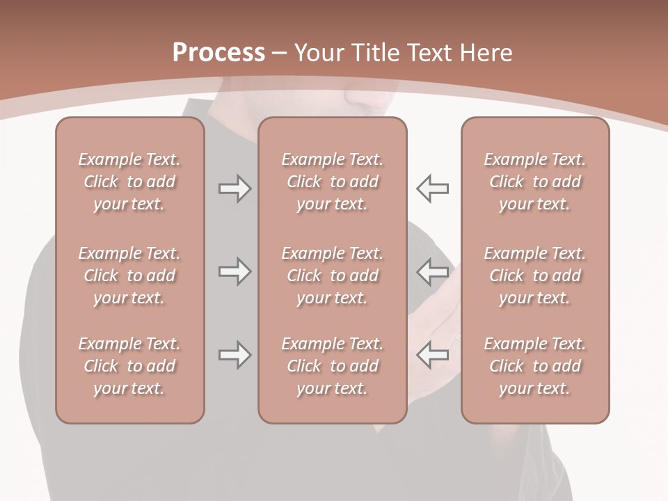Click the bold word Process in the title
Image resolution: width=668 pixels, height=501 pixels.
[x=218, y=53]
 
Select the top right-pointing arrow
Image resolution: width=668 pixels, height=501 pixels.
[x=234, y=189]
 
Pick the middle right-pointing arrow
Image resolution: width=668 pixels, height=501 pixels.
[x=234, y=271]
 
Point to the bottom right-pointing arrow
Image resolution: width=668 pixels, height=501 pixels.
[x=234, y=355]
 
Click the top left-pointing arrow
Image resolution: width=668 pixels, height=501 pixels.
[x=433, y=189]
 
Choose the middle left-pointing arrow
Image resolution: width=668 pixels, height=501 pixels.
[x=433, y=271]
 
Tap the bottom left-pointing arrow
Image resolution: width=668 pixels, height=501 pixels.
[x=433, y=355]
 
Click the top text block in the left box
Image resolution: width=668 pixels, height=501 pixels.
[x=129, y=182]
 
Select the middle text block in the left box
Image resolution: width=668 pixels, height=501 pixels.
[x=129, y=276]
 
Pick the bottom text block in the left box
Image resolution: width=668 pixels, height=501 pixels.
[x=129, y=366]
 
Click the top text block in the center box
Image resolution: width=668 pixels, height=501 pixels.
[x=332, y=182]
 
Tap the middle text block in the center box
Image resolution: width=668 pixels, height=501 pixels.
[x=332, y=276]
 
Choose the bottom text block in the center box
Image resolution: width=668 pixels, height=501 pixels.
[x=332, y=366]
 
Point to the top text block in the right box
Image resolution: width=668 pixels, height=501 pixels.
[x=534, y=182]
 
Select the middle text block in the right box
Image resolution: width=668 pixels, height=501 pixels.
[x=534, y=276]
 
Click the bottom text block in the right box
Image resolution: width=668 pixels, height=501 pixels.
[x=534, y=366]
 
